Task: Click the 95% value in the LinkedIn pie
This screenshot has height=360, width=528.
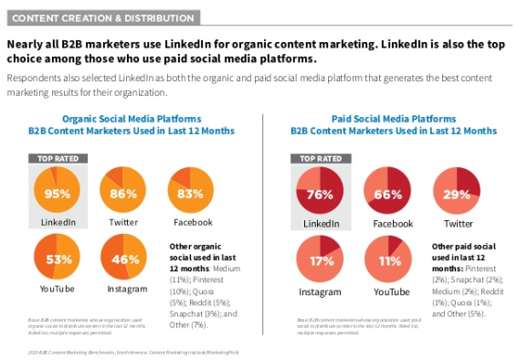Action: pos(58,193)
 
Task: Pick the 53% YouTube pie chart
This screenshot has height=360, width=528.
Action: pos(58,259)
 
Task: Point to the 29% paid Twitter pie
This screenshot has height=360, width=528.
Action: pos(456,193)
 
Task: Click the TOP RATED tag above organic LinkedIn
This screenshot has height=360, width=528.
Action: pos(58,158)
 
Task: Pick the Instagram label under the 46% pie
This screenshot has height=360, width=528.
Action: pos(125,291)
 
